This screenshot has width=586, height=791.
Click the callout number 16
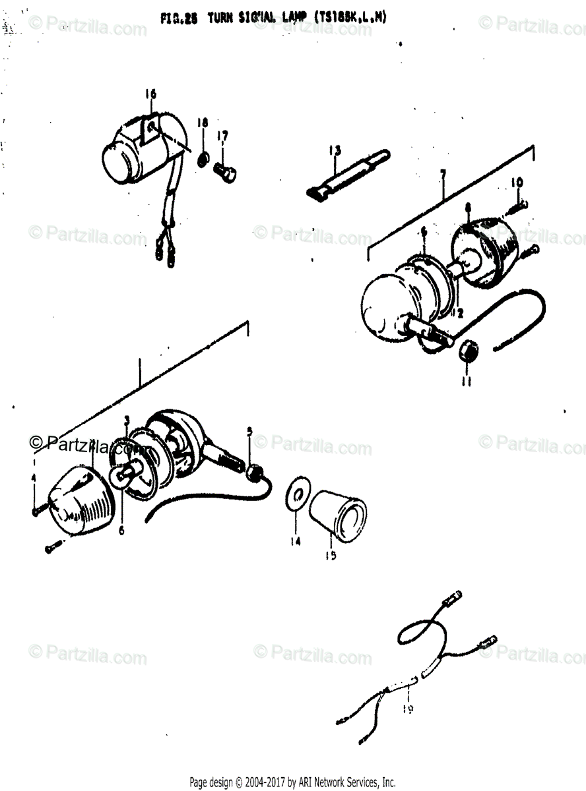[x=151, y=94]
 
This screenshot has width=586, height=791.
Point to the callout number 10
[x=517, y=181]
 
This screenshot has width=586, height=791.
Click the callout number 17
[x=223, y=136]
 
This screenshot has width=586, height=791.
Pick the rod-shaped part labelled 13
[x=347, y=174]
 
